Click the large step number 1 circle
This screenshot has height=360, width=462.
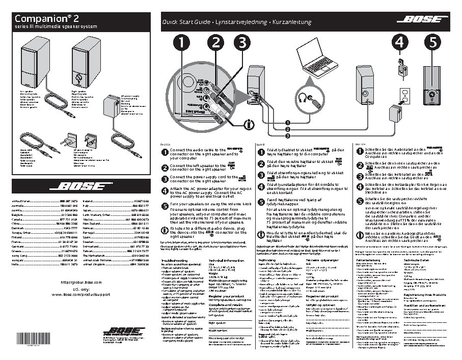click(181, 43)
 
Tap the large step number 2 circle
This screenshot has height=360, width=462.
click(216, 43)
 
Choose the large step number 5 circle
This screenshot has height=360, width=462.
click(432, 43)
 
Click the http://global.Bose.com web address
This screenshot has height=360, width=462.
click(76, 282)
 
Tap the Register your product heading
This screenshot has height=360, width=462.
click(225, 295)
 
